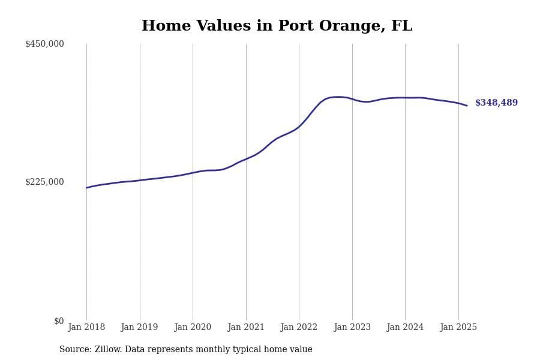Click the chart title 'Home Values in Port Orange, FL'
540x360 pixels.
point(277,26)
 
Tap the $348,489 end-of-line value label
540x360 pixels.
point(496,103)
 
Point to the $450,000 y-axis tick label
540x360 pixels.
point(44,44)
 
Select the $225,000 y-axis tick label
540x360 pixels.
point(44,182)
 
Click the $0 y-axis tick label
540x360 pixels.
point(59,321)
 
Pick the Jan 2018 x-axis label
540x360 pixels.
point(86,327)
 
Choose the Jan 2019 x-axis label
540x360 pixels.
point(140,327)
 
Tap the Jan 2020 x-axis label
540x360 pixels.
point(193,327)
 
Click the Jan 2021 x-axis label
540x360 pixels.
point(246,327)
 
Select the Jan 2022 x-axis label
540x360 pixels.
point(299,327)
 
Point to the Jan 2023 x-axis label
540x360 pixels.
point(352,327)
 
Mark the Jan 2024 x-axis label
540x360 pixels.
point(405,327)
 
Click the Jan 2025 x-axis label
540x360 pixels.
point(458,327)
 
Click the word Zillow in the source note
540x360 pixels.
point(108,350)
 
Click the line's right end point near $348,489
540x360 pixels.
point(467,106)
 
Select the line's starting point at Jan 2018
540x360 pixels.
point(86,188)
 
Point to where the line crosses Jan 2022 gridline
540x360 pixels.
point(299,126)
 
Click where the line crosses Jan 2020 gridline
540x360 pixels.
point(193,173)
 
